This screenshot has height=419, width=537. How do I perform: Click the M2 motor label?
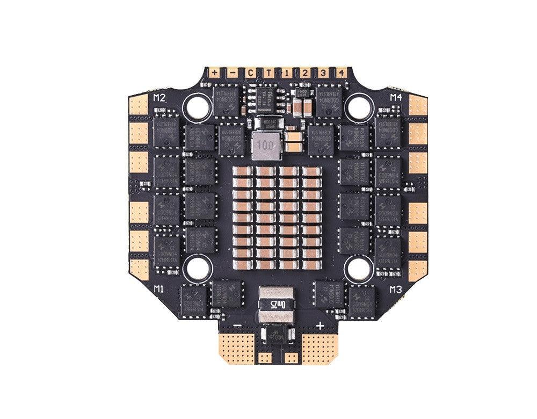pyautogui.click(x=159, y=98)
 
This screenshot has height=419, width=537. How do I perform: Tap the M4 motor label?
pyautogui.click(x=396, y=97)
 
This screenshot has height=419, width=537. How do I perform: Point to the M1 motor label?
pyautogui.click(x=159, y=289)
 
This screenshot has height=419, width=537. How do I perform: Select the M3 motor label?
pyautogui.click(x=396, y=290)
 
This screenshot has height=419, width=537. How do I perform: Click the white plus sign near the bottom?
pyautogui.click(x=320, y=325)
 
